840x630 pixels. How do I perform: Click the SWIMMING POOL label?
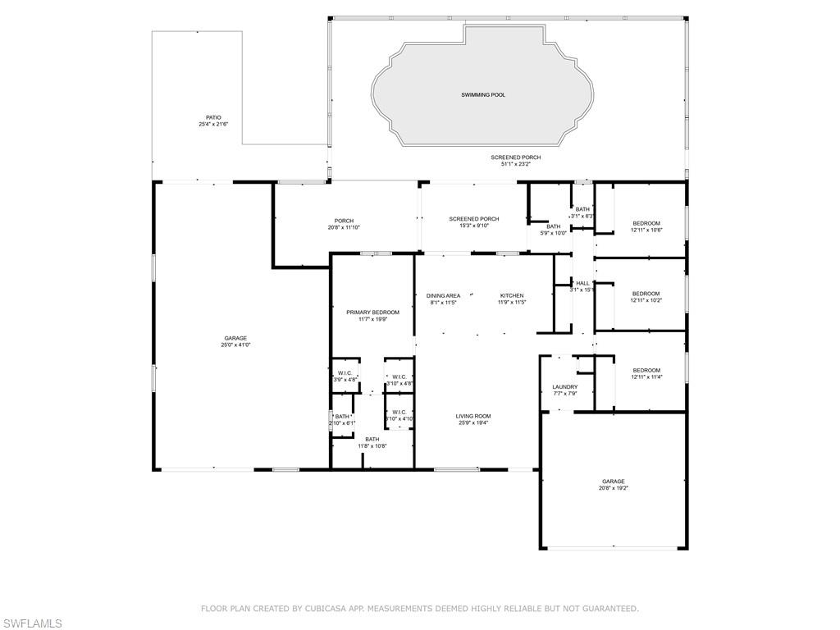(x=482, y=95)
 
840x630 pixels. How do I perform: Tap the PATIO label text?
(x=213, y=117)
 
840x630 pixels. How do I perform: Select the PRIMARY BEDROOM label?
(x=372, y=313)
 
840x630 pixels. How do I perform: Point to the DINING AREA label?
(x=443, y=295)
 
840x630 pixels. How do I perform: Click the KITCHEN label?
(x=512, y=295)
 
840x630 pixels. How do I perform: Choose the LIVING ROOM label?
(x=473, y=416)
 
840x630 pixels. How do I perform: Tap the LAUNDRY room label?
(x=564, y=387)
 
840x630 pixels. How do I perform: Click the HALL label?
(x=582, y=283)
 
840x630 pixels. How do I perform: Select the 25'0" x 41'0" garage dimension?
(x=235, y=345)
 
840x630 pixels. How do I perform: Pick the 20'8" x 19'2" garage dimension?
(x=613, y=488)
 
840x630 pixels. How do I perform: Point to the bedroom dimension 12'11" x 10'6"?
(x=646, y=230)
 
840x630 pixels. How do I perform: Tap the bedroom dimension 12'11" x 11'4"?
(x=646, y=377)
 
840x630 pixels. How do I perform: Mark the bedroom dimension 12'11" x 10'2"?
(x=646, y=300)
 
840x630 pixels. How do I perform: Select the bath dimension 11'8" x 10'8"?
(x=372, y=446)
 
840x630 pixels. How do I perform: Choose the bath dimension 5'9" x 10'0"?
(x=554, y=233)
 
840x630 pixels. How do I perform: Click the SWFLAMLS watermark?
(x=32, y=623)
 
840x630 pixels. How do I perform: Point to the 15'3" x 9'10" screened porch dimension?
(x=473, y=226)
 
